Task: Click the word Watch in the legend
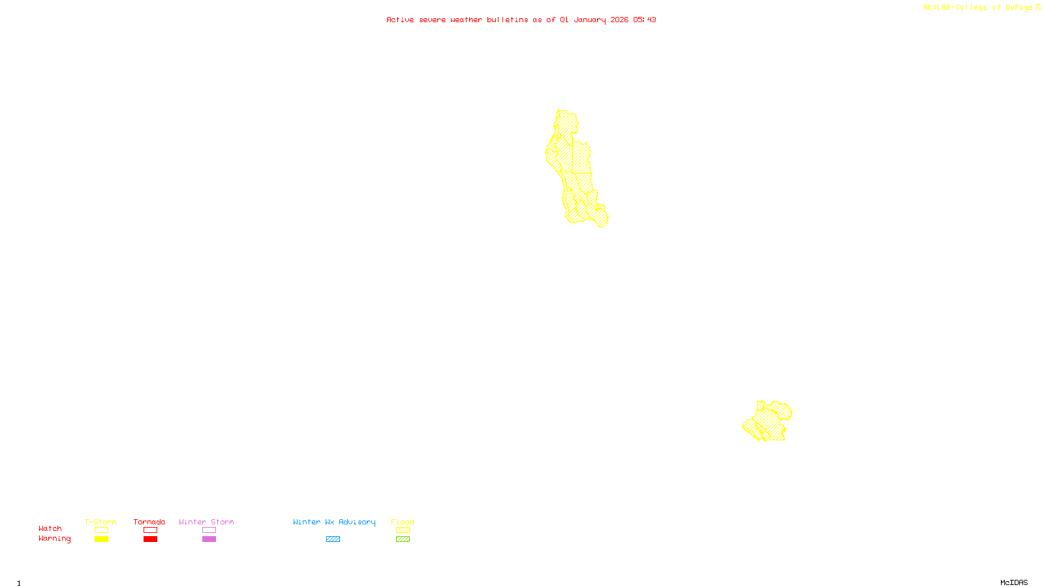[x=50, y=528]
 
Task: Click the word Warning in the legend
[x=54, y=539]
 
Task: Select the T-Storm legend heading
[x=100, y=522]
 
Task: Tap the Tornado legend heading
[x=149, y=522]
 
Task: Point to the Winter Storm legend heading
[x=206, y=522]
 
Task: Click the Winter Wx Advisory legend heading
[x=334, y=522]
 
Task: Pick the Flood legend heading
[x=403, y=522]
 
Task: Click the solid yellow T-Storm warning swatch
[x=101, y=539]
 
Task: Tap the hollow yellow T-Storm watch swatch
[x=101, y=530]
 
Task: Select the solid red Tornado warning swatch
[x=151, y=539]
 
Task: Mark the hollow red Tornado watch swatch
[x=151, y=530]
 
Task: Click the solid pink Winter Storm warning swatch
[x=209, y=539]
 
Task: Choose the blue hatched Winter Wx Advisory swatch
[x=333, y=539]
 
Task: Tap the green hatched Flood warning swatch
[x=403, y=539]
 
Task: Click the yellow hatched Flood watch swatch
[x=403, y=530]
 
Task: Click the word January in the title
[x=590, y=20]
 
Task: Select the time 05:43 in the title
[x=645, y=20]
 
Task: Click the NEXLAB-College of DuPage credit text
[x=978, y=8]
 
